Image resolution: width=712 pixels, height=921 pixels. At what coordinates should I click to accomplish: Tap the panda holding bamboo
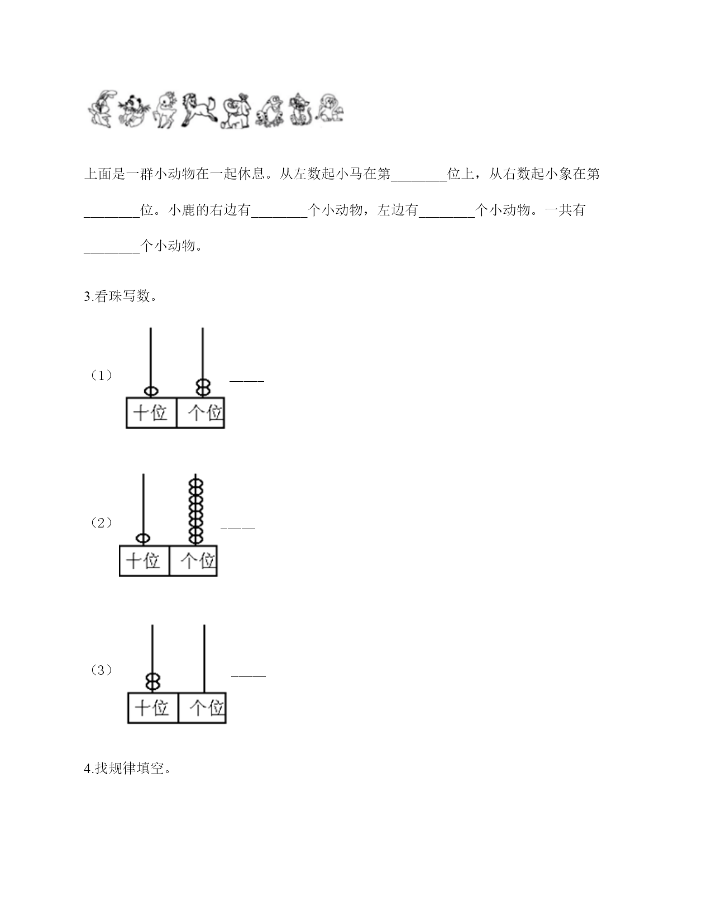(x=134, y=111)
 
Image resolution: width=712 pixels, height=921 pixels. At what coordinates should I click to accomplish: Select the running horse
(x=199, y=110)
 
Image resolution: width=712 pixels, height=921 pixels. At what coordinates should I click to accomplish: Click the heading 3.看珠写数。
(x=121, y=296)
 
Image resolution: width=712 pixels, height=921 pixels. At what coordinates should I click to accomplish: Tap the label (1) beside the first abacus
(x=102, y=375)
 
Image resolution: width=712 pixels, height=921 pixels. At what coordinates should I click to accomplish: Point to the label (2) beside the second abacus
(x=102, y=522)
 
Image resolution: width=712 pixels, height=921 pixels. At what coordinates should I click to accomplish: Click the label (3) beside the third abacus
(x=102, y=670)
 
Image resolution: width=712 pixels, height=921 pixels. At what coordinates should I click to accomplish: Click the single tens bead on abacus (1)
(x=151, y=391)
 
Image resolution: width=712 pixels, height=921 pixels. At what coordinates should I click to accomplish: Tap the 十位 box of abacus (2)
(x=144, y=561)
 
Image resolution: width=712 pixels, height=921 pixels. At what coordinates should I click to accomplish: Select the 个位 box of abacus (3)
(x=202, y=708)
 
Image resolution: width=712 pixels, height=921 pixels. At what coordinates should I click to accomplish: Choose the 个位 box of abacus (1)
(x=200, y=413)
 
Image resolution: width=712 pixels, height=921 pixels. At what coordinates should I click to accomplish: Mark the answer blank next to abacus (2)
(x=238, y=527)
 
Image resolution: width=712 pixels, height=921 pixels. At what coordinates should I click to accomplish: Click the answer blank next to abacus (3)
(x=249, y=675)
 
